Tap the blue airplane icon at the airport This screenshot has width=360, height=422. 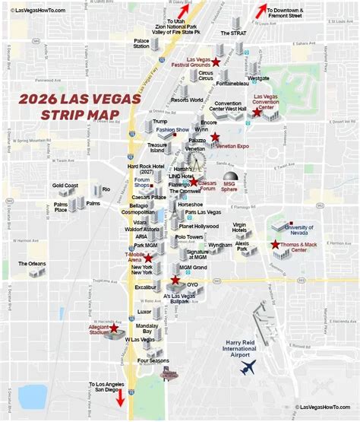[x=248, y=367]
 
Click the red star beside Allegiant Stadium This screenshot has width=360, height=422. [x=115, y=329]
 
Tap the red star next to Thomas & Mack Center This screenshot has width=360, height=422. [x=275, y=244]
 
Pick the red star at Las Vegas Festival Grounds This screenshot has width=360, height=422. [x=216, y=61]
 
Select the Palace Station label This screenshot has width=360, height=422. [x=141, y=43]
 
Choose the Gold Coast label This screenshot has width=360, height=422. [x=65, y=186]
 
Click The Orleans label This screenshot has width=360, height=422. [x=32, y=264]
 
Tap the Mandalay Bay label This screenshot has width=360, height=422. [x=142, y=328]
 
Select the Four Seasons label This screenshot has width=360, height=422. [x=153, y=361]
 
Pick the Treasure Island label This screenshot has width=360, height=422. [x=157, y=148]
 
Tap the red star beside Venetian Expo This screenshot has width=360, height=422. [x=216, y=137]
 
